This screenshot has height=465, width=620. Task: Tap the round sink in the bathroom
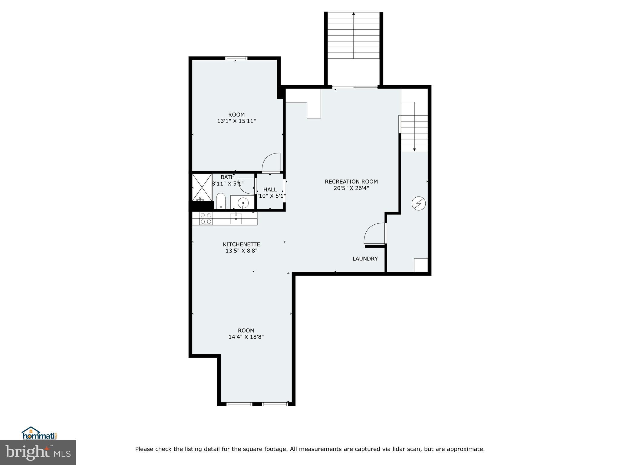click(x=243, y=203)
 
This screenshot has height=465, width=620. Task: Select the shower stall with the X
click(x=202, y=187)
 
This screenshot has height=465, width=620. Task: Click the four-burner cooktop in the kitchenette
click(x=206, y=218)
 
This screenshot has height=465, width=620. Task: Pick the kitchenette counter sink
click(x=236, y=218)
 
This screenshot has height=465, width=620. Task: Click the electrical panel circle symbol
click(x=419, y=203)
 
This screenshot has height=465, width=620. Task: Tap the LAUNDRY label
click(x=365, y=259)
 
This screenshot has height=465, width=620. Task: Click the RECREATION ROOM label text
click(x=351, y=182)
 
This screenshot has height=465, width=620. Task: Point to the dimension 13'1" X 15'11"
click(x=236, y=121)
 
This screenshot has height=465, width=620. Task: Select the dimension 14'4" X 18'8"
click(x=246, y=337)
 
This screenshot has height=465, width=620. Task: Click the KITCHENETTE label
click(x=241, y=244)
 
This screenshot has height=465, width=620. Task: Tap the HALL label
click(x=270, y=190)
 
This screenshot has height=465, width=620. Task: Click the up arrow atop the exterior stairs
click(x=354, y=14)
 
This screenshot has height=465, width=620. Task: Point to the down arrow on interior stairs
click(x=414, y=149)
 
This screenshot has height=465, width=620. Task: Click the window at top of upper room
click(x=236, y=58)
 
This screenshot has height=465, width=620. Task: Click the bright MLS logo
click(x=38, y=453)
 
